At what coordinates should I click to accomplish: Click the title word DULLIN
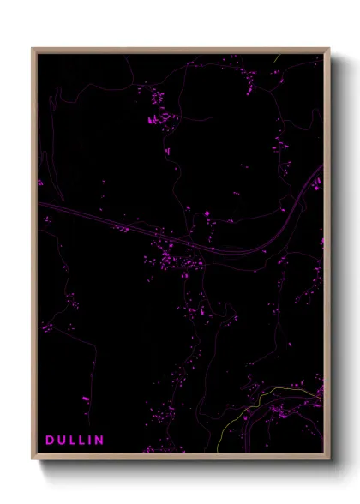click(x=75, y=440)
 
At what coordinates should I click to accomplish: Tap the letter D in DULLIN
click(x=50, y=440)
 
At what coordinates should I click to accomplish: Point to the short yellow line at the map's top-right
click(x=277, y=60)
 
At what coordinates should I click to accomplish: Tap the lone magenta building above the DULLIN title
click(x=85, y=399)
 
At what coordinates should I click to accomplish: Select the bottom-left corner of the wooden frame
click(x=33, y=459)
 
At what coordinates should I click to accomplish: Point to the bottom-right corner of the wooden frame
click(x=328, y=459)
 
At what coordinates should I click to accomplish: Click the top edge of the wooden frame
click(x=180, y=50)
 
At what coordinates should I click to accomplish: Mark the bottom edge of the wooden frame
click(x=180, y=458)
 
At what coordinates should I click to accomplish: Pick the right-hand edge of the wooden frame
click(x=327, y=257)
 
